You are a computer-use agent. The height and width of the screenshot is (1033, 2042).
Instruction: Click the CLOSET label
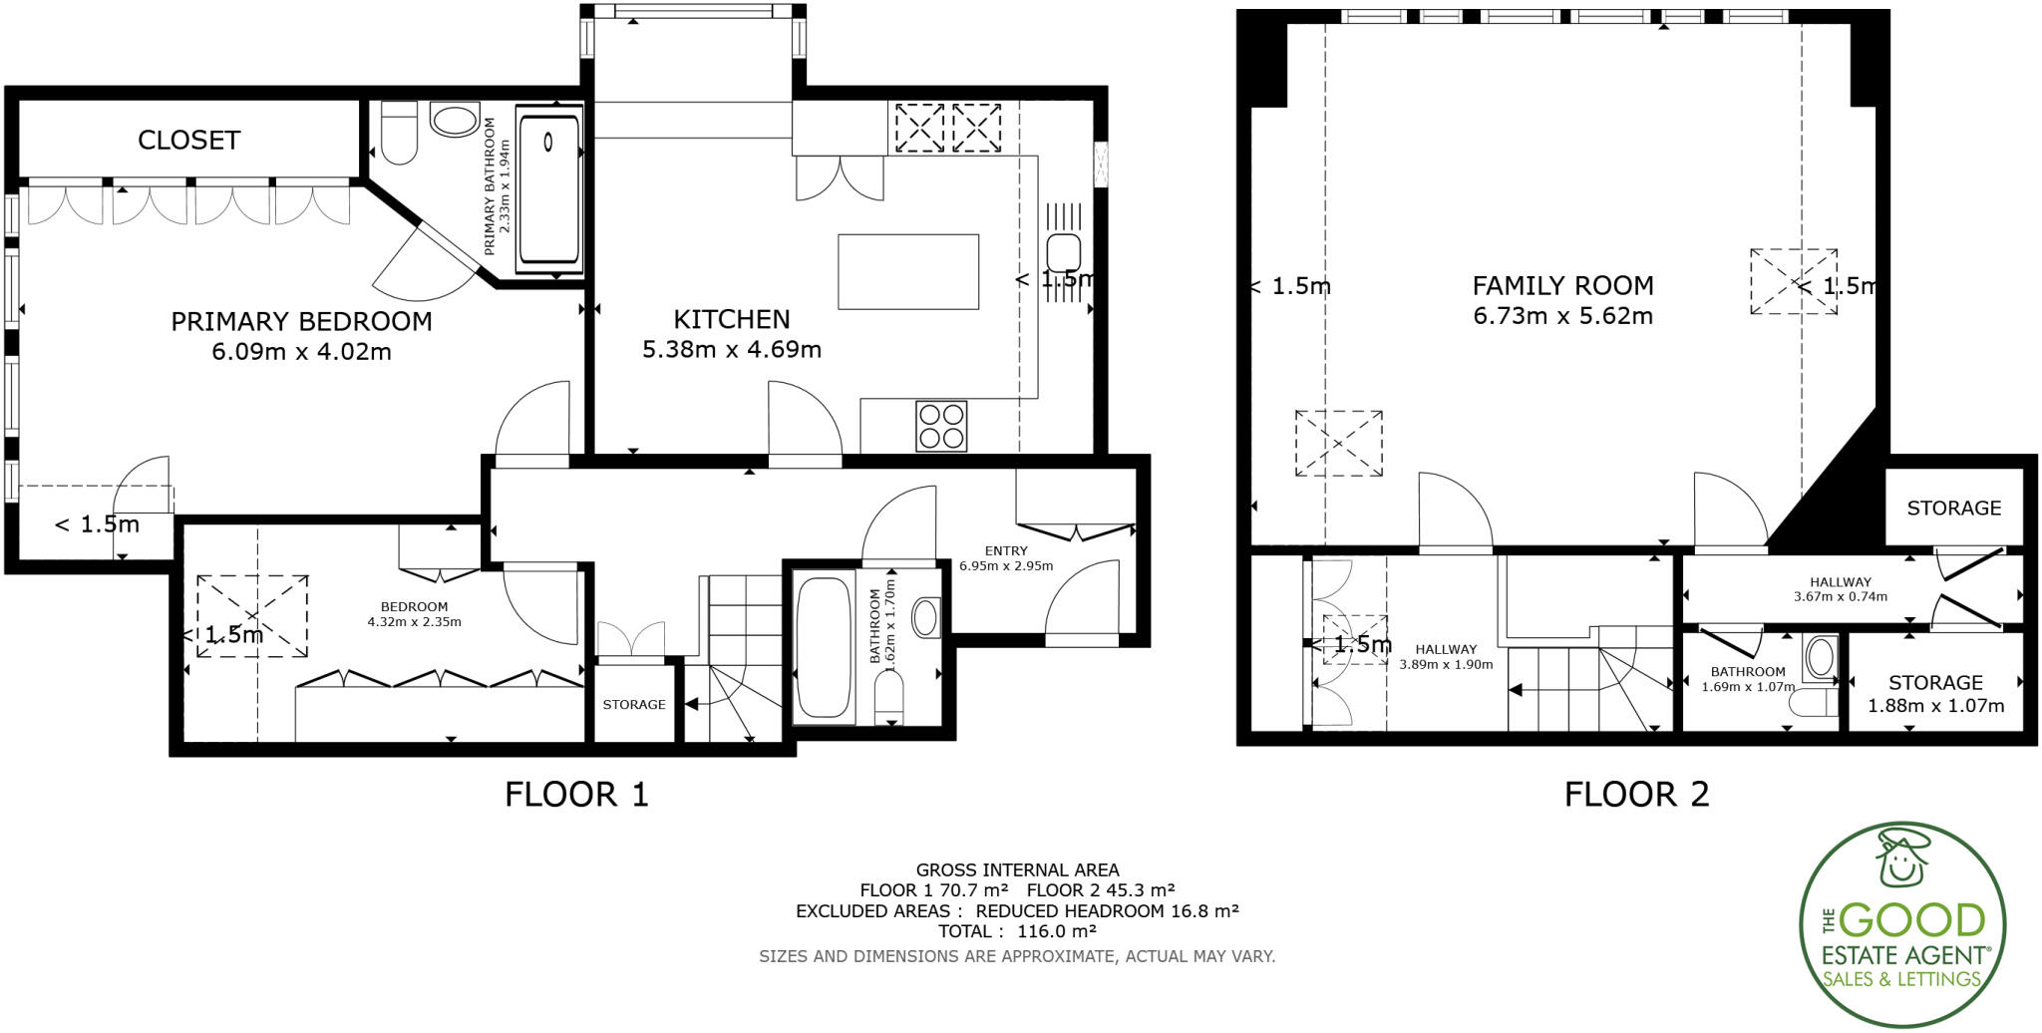pos(188,141)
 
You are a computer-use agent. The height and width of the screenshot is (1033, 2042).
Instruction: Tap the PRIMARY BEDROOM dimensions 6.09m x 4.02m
pos(301,352)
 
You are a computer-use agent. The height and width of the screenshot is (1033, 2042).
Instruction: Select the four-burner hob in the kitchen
pos(941,425)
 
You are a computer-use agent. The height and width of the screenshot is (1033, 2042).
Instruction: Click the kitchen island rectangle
pos(907,272)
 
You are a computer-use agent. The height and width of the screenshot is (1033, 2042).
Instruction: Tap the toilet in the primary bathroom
pos(399,133)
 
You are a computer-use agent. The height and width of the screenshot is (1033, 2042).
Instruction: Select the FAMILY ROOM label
pos(1562,286)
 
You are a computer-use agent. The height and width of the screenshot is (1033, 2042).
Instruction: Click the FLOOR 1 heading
pos(576,795)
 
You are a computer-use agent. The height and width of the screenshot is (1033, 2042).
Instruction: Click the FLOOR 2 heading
pos(1636,795)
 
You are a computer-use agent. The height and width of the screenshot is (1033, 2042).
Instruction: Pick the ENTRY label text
pos(1005,550)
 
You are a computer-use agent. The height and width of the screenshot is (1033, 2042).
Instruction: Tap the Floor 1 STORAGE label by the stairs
pos(634,705)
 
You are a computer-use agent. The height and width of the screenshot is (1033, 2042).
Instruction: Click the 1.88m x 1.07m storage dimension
pos(1935,706)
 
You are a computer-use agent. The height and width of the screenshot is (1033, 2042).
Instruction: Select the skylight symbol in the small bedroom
pos(252,615)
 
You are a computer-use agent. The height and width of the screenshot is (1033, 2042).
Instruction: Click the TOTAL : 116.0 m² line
pos(1016,931)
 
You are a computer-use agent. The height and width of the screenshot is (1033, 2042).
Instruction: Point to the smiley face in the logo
pos(1901,861)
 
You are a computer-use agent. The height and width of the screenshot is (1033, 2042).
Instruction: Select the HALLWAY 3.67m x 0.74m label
pos(1840,589)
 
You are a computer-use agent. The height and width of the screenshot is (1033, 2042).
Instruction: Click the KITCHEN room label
pos(732,319)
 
